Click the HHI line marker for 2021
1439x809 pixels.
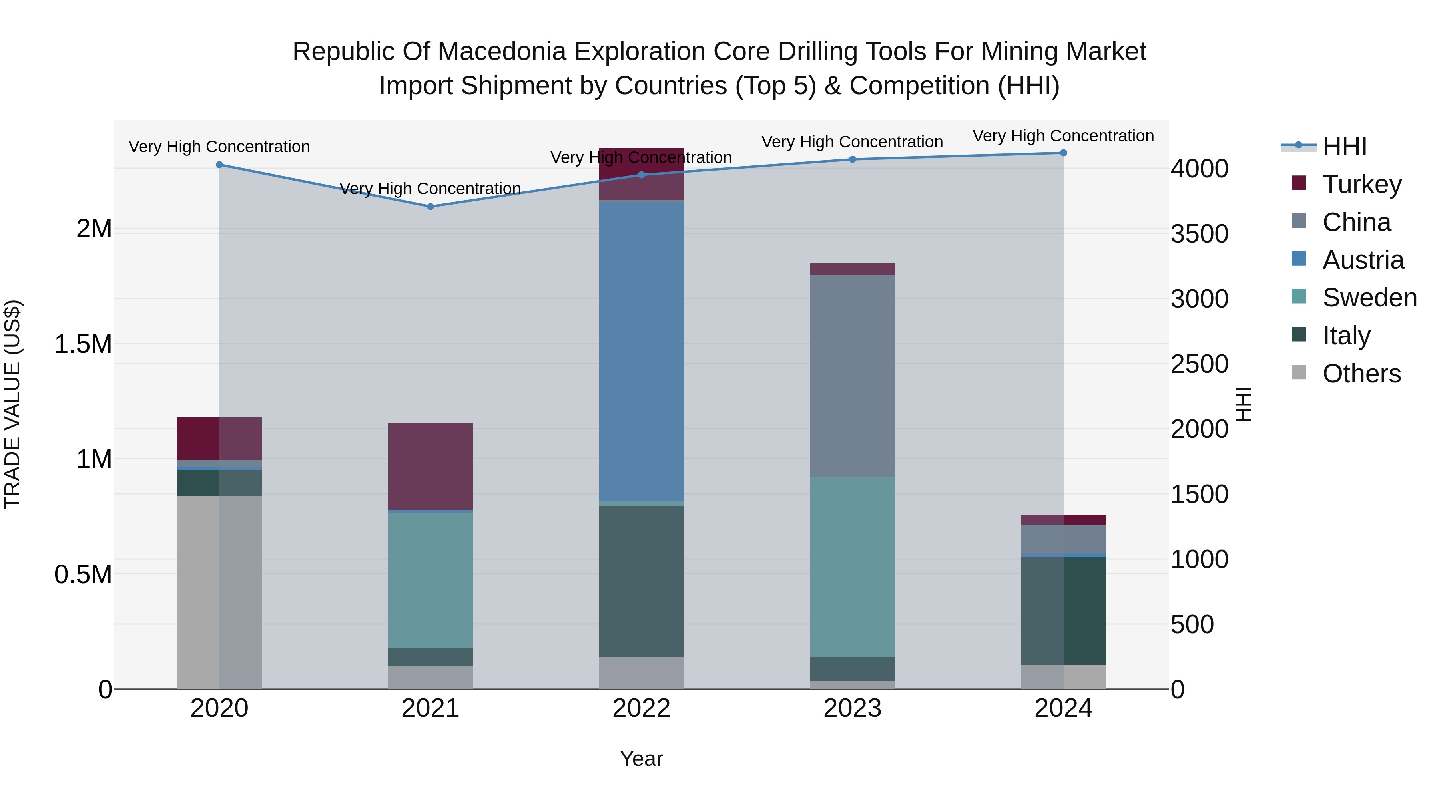click(x=430, y=207)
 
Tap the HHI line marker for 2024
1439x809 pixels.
click(x=1063, y=153)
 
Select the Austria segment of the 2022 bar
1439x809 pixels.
click(x=641, y=351)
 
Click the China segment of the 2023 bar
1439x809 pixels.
click(x=853, y=376)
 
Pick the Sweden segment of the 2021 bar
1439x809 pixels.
click(x=430, y=580)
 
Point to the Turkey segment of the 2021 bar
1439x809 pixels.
click(x=430, y=466)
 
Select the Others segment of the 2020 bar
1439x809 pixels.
click(x=219, y=592)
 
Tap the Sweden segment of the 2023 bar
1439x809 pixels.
click(x=853, y=566)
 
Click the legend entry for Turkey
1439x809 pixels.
click(x=1361, y=184)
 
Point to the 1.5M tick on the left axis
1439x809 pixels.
click(x=83, y=344)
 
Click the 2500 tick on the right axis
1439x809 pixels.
click(x=1199, y=364)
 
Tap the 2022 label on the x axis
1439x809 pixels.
click(x=641, y=708)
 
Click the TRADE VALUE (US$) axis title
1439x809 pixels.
click(x=12, y=404)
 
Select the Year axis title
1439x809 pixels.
click(x=641, y=759)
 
